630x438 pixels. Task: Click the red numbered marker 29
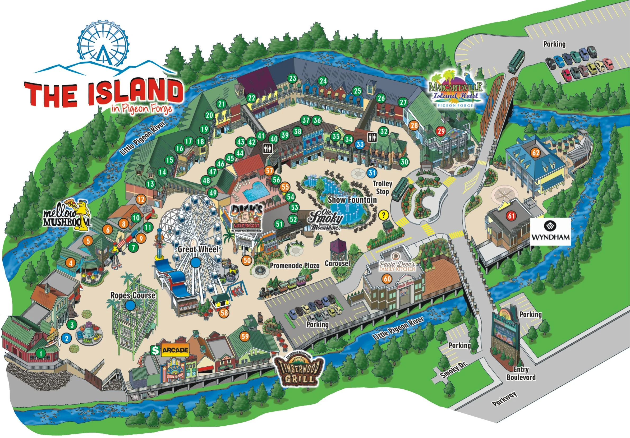(441, 131)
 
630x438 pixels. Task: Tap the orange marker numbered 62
(536, 153)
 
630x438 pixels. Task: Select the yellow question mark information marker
(384, 215)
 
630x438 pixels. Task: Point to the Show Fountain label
(352, 200)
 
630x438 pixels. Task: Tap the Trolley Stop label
(382, 188)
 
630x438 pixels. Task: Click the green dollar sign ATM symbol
(155, 350)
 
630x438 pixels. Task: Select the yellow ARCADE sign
(175, 350)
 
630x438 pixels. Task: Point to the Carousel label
(338, 263)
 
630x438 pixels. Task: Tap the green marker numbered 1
(41, 354)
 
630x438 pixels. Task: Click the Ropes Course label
(132, 295)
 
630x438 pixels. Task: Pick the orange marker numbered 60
(387, 279)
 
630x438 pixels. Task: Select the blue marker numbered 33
(360, 144)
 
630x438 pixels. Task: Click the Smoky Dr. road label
(453, 370)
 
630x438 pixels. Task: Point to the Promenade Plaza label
(295, 265)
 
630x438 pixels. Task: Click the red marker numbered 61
(511, 216)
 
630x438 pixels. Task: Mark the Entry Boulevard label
(521, 373)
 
